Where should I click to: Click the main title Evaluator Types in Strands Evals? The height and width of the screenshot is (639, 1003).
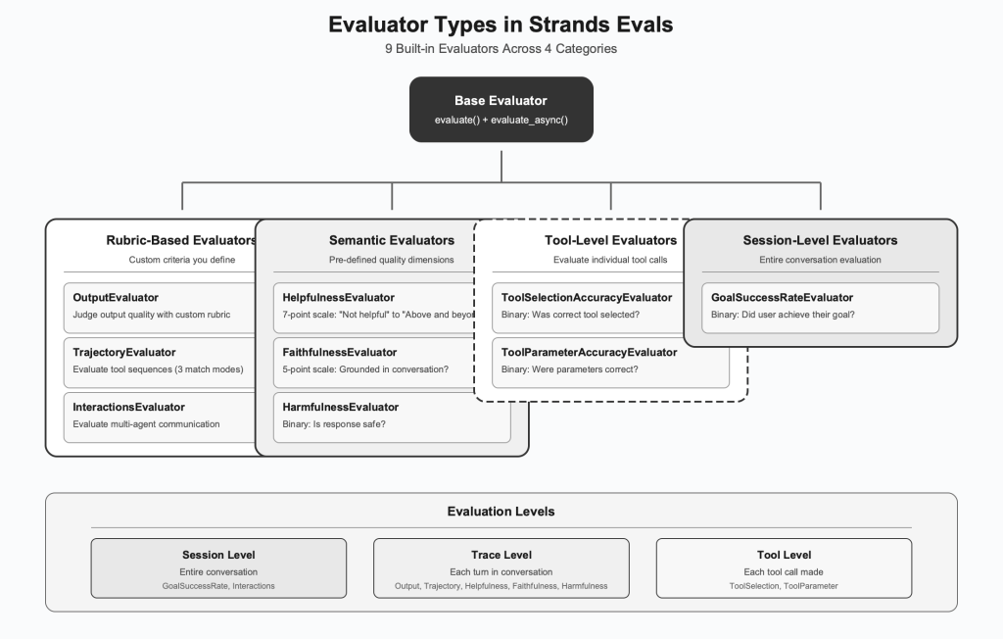tap(501, 25)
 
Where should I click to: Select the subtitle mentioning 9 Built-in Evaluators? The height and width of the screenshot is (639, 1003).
tap(501, 48)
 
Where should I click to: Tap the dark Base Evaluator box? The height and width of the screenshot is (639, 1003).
tap(501, 110)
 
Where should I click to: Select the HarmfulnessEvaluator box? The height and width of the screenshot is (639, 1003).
tap(392, 416)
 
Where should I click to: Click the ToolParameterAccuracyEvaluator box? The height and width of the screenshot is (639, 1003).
tap(610, 361)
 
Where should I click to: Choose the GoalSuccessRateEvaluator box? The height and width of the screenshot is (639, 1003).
tap(820, 306)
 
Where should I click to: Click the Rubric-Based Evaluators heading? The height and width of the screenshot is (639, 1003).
tap(180, 240)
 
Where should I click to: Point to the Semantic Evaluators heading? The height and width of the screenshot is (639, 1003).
tap(392, 240)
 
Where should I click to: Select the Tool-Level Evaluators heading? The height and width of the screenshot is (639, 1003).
tap(610, 240)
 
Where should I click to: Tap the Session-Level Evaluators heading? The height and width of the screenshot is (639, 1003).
tap(820, 240)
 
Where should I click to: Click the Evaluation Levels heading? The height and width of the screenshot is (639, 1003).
tap(501, 512)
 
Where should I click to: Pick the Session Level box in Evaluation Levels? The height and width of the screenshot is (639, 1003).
tap(218, 568)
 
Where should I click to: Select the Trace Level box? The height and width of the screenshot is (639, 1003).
tap(501, 568)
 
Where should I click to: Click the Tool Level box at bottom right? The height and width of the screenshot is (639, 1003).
tap(784, 568)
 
